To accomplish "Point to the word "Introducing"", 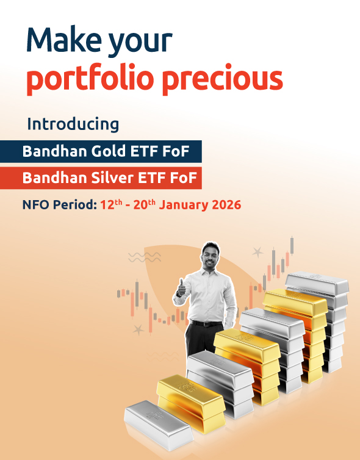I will pos(73,124).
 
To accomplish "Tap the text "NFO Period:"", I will pos(59,205).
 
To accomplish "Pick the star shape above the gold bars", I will pos(257,251).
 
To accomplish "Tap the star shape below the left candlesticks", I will pos(139,329).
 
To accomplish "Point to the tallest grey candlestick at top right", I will pos(292,245).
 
